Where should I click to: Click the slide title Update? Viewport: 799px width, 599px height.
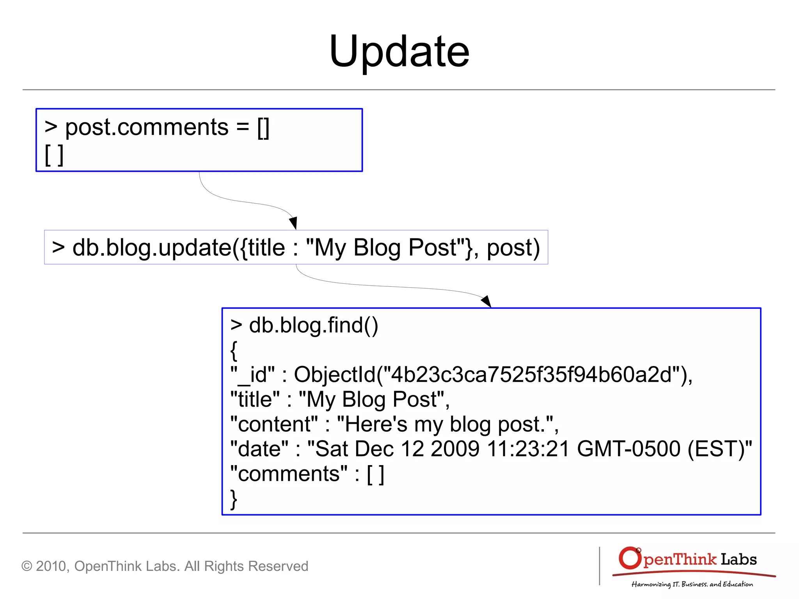[x=399, y=52]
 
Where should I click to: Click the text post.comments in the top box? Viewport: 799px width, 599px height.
[x=146, y=127]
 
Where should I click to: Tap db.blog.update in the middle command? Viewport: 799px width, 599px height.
[x=152, y=248]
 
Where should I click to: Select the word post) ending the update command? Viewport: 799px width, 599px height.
[x=513, y=248]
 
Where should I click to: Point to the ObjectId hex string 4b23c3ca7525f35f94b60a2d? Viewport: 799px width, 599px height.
[x=531, y=375]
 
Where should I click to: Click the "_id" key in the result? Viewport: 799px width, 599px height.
[x=252, y=375]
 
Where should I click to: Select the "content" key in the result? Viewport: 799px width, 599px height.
[x=274, y=424]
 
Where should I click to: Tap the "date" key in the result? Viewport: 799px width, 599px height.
[x=259, y=449]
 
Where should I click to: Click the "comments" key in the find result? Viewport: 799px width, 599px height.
[x=289, y=474]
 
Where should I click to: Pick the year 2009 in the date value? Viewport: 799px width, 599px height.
[x=455, y=449]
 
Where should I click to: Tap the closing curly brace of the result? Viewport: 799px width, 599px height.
[x=234, y=499]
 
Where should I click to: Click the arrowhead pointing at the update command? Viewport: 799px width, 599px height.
[x=294, y=223]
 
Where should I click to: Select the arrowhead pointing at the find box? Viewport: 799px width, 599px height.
[x=487, y=301]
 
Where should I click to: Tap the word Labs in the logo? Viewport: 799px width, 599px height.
[x=739, y=560]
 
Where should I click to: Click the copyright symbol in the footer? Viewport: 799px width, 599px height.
[x=27, y=566]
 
